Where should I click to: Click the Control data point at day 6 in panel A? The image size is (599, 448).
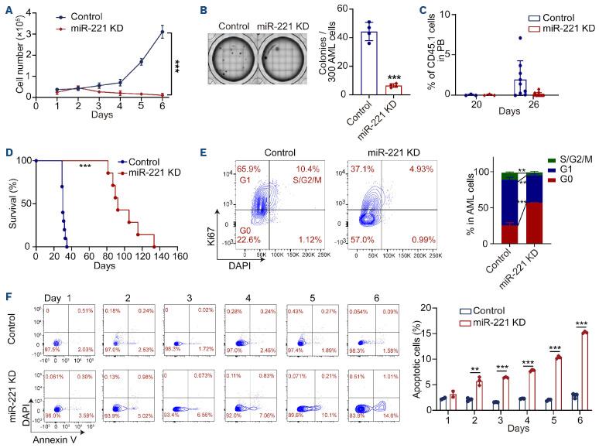[162, 32]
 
